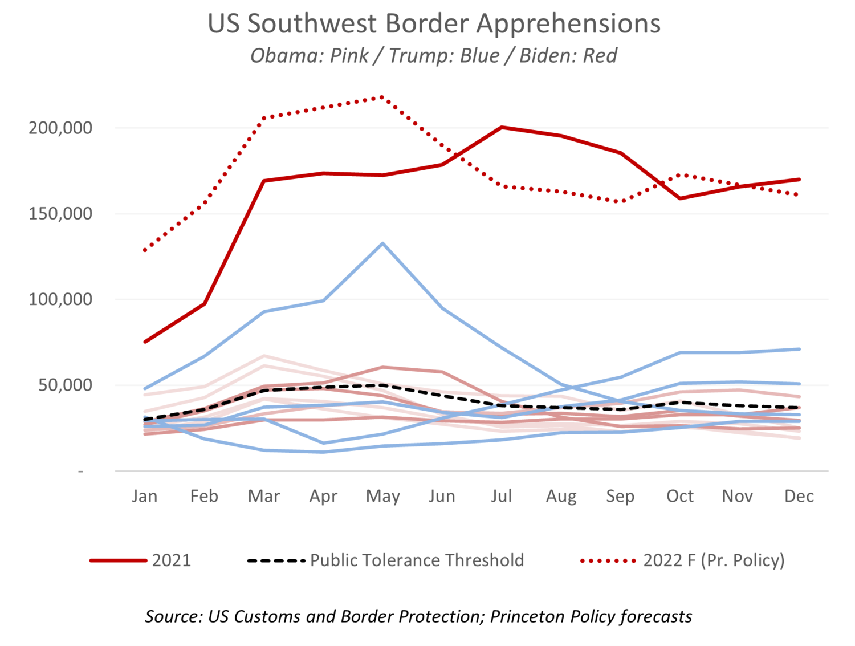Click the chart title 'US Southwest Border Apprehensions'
(434, 24)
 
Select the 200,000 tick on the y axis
(60, 128)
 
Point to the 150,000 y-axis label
(60, 214)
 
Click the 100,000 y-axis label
(60, 299)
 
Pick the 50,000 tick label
(65, 385)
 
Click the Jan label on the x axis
(144, 496)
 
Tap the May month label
(382, 496)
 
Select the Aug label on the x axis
(561, 496)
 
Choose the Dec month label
(799, 496)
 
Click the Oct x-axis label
(679, 496)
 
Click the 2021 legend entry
(171, 560)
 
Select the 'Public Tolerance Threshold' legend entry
(416, 560)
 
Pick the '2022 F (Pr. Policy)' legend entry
(714, 560)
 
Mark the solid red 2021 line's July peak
(502, 127)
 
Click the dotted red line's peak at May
(382, 97)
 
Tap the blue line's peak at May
(382, 243)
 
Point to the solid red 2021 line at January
(145, 342)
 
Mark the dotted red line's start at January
(145, 250)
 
